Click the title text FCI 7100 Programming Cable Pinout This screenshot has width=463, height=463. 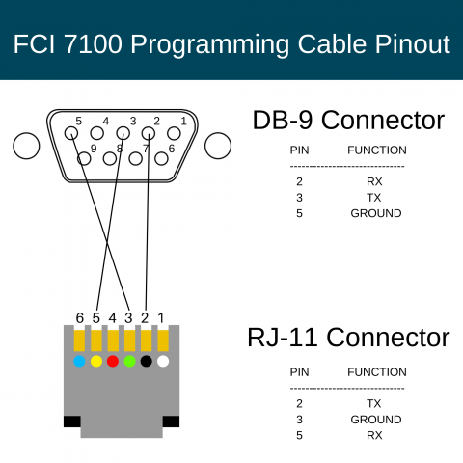click(x=231, y=43)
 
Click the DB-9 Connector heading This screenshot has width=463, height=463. click(x=348, y=121)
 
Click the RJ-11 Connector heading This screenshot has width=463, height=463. click(x=348, y=338)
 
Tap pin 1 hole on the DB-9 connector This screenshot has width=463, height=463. click(x=175, y=133)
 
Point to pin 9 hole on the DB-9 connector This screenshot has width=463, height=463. click(x=83, y=157)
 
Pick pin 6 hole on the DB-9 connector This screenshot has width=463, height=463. click(x=162, y=158)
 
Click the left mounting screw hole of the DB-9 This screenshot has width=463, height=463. click(x=26, y=146)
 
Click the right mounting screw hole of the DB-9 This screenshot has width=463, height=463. click(x=218, y=146)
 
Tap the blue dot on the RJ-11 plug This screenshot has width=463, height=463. click(x=79, y=362)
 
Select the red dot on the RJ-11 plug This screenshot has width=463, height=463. click(x=112, y=362)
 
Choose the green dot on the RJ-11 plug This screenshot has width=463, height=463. click(x=129, y=362)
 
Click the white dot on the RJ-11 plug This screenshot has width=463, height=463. click(x=162, y=362)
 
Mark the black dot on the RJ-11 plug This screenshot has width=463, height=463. click(x=146, y=362)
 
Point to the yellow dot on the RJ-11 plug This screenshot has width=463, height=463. click(x=95, y=362)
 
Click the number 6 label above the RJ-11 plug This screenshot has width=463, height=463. click(x=80, y=317)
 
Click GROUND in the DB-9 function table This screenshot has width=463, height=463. click(x=375, y=213)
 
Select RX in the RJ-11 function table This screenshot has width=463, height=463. click(x=375, y=435)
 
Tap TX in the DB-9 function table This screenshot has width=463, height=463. click(x=375, y=197)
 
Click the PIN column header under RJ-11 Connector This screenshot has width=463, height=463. click(x=300, y=372)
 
